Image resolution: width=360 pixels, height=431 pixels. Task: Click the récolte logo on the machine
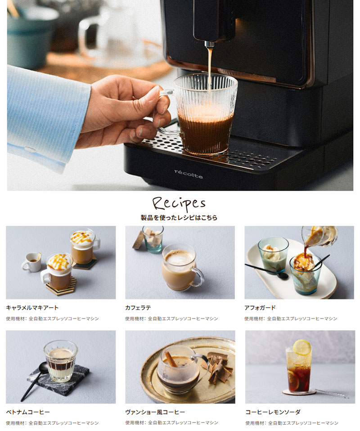tap(189, 174)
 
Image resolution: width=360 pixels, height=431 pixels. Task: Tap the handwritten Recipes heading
tap(179, 203)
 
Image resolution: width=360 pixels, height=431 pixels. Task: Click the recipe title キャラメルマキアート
tap(32, 308)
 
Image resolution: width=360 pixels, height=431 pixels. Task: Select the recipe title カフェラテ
tap(138, 308)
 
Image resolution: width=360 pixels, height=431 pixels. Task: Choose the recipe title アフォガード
tap(260, 308)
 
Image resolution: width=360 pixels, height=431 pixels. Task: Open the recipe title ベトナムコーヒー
tap(28, 412)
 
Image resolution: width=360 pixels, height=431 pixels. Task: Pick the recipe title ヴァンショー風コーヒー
tap(155, 412)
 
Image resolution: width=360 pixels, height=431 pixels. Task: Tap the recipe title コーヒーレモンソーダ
tap(273, 412)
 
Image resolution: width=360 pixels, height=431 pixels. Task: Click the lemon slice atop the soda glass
tap(302, 347)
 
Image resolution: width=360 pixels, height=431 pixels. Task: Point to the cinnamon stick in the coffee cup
tap(171, 357)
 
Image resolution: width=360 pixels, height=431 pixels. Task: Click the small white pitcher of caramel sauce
tap(32, 262)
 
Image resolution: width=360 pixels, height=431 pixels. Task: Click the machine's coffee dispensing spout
tap(209, 44)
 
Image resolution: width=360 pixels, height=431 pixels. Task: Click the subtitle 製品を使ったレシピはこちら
tap(179, 218)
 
